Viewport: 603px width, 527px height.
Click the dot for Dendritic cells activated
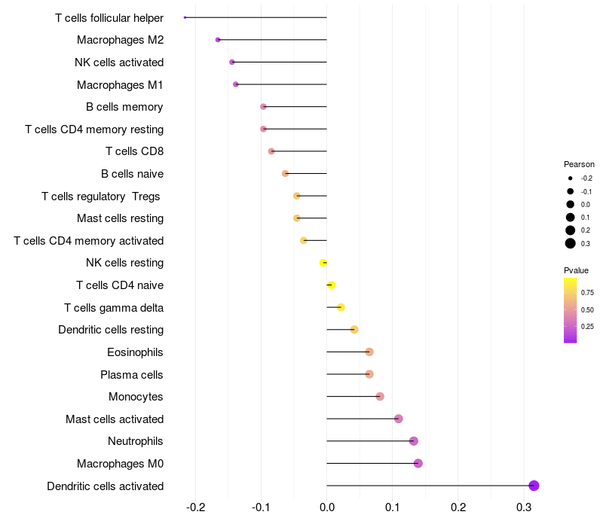tap(534, 486)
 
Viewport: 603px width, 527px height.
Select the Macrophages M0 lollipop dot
tap(418, 463)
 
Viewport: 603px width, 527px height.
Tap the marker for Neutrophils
tap(413, 441)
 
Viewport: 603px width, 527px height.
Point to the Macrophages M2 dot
tap(218, 40)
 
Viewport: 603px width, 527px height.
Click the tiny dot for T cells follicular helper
tap(185, 17)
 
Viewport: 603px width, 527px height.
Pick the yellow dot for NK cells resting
tap(323, 263)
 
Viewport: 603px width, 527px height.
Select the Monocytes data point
tap(380, 397)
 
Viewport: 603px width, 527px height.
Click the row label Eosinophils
tap(135, 352)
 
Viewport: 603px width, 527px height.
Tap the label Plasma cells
tap(131, 375)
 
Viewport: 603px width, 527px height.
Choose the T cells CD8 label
tap(134, 151)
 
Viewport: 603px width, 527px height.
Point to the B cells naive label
tap(132, 174)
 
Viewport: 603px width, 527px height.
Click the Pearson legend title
tap(579, 164)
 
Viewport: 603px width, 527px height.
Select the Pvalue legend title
tap(576, 270)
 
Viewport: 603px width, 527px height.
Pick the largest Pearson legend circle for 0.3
tap(571, 243)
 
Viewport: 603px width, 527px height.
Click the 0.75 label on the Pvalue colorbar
tap(587, 292)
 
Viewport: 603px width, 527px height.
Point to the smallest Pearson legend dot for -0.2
tap(571, 178)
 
